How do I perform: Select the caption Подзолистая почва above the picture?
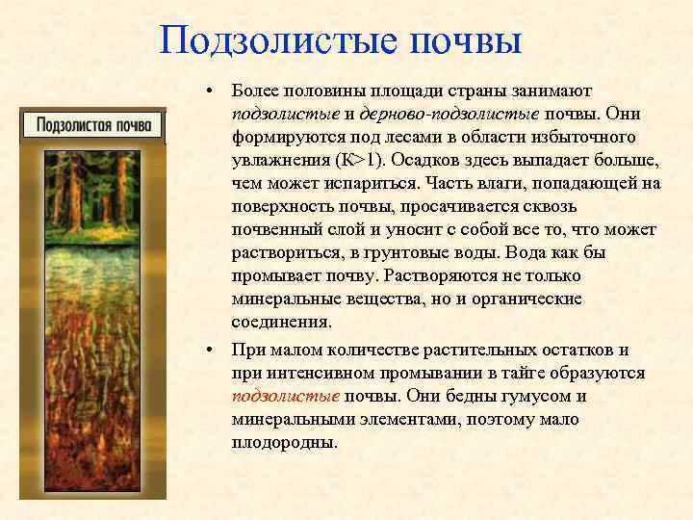coord(94,125)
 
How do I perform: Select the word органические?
coord(528,299)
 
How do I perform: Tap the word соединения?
coord(281,322)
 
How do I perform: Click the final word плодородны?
coord(285,442)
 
